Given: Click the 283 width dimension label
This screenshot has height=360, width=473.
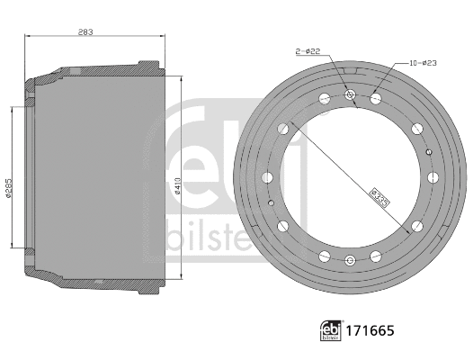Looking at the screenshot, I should [87, 31].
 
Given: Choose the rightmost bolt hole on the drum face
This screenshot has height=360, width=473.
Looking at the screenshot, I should [432, 177].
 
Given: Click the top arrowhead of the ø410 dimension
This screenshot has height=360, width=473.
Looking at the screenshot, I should [183, 77].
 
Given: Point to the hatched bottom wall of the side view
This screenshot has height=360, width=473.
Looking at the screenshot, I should [99, 286].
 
